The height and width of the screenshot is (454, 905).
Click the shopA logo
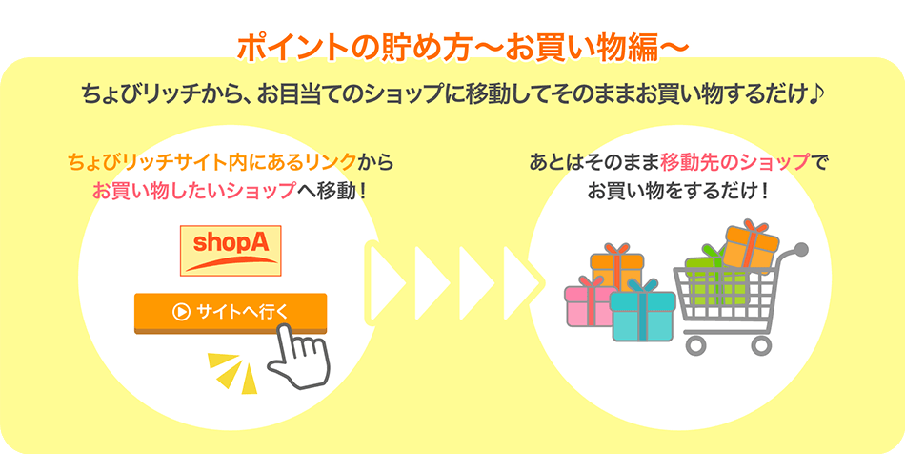pyautogui.click(x=231, y=251)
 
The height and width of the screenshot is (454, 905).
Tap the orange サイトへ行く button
pyautogui.click(x=231, y=313)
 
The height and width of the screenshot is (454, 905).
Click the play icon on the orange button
pyautogui.click(x=181, y=312)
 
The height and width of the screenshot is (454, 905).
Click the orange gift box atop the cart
pyautogui.click(x=752, y=245)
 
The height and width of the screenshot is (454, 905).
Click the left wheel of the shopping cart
pyautogui.click(x=696, y=345)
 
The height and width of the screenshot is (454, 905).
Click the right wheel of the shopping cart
pyautogui.click(x=761, y=345)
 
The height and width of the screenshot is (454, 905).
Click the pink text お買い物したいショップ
pyautogui.click(x=193, y=191)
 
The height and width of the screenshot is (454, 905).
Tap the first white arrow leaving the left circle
pyautogui.click(x=386, y=283)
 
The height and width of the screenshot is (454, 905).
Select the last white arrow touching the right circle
pyautogui.click(x=523, y=283)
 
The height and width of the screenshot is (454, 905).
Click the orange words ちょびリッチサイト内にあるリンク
pyautogui.click(x=211, y=163)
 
